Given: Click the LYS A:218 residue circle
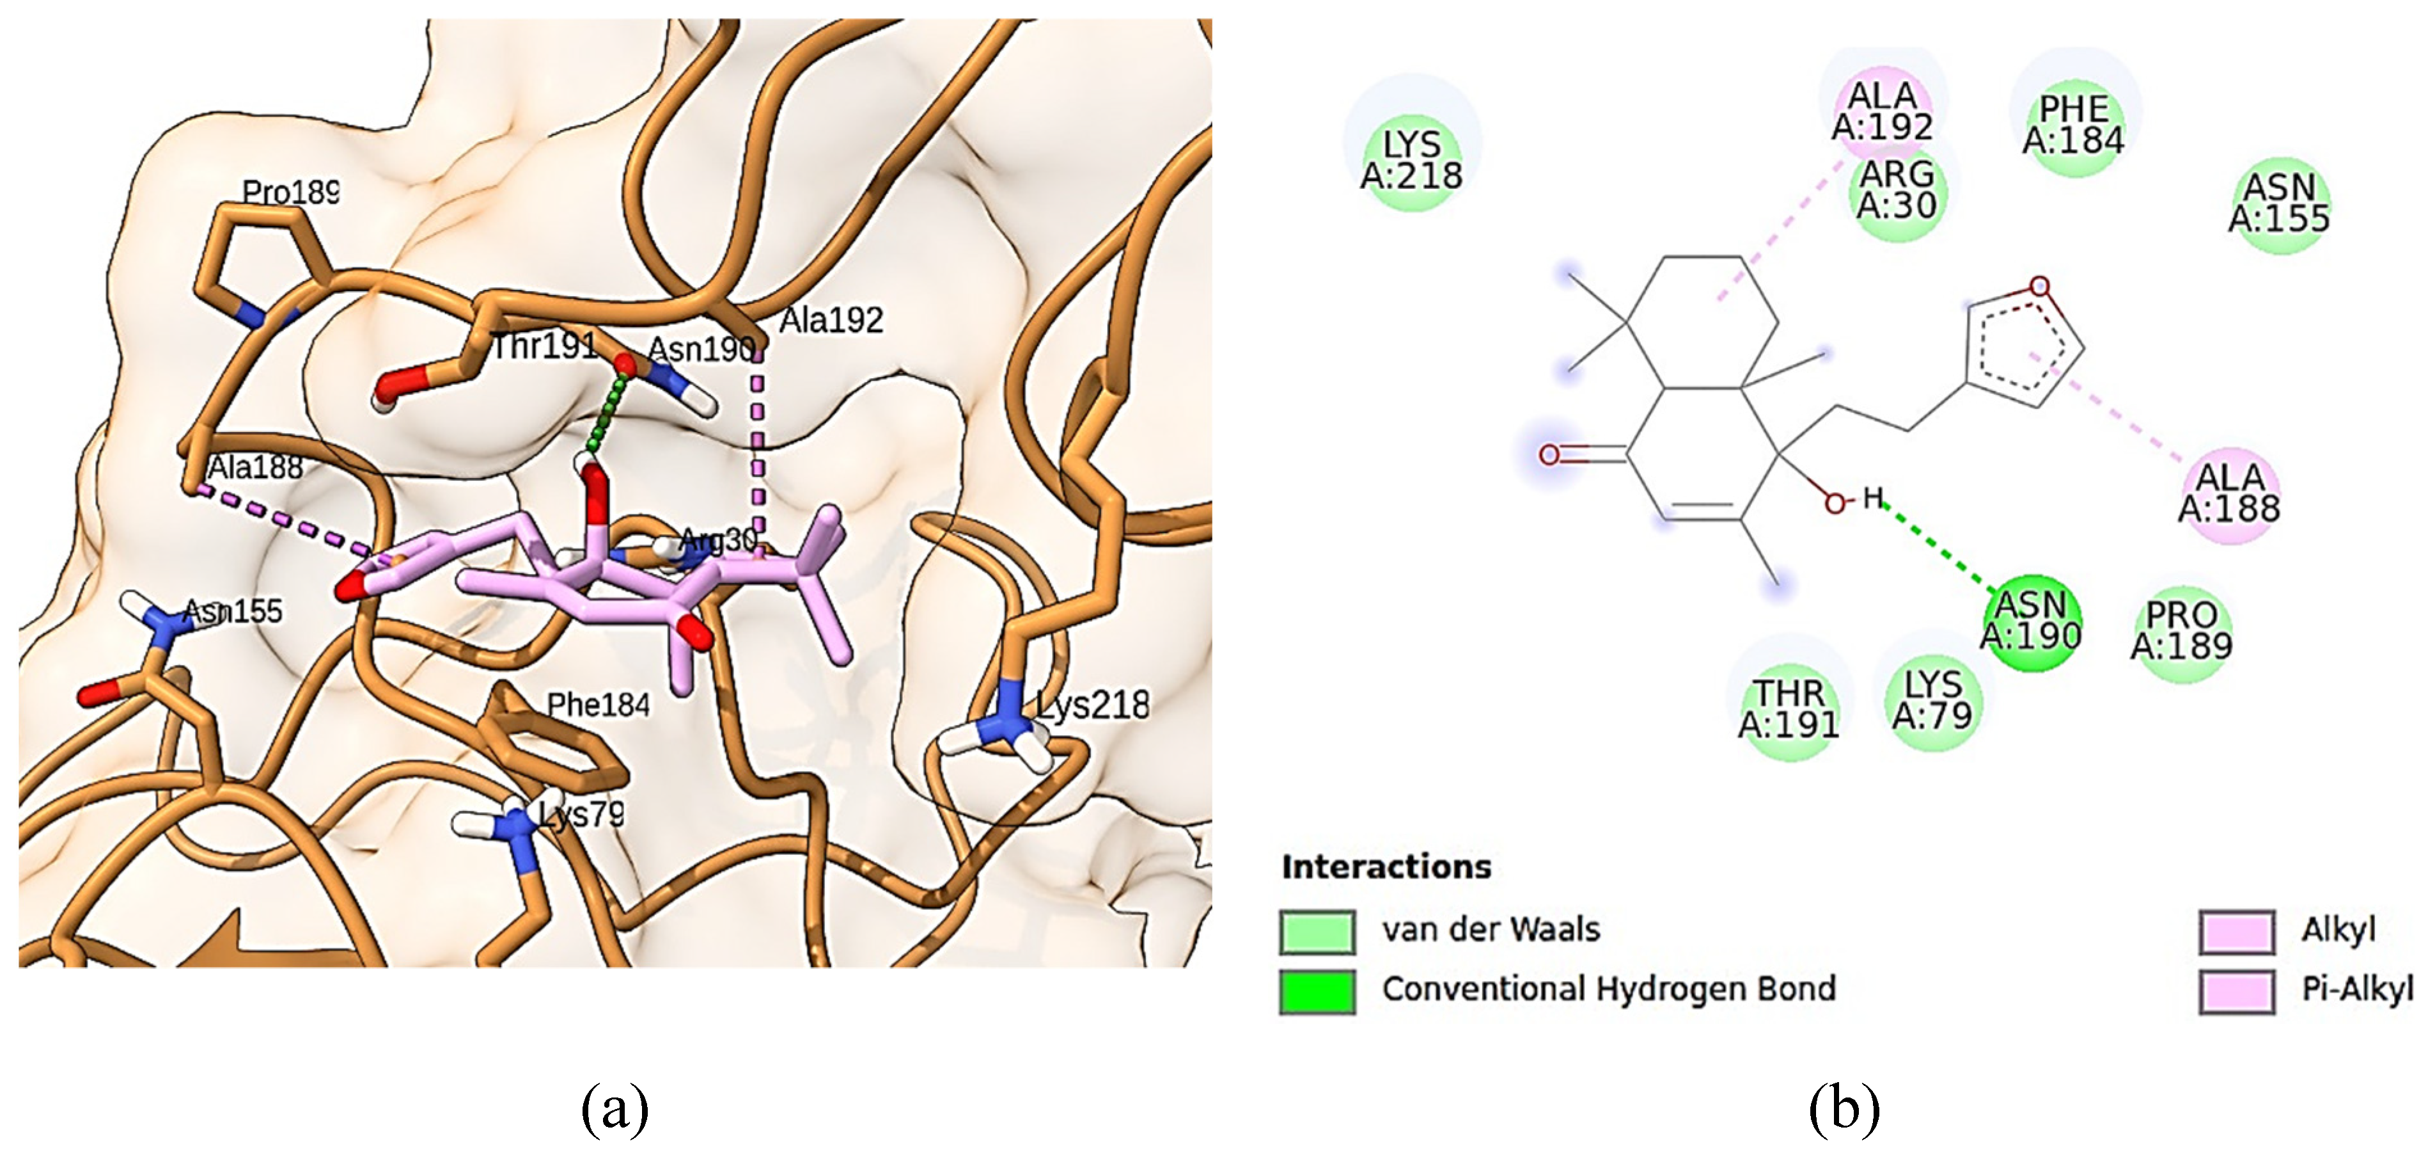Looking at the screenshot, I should pyautogui.click(x=1411, y=159).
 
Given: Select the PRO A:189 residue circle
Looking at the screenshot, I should pyautogui.click(x=2182, y=631).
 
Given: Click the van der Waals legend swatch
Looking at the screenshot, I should pyautogui.click(x=1318, y=932).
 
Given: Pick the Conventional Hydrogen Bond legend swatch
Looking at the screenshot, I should pyautogui.click(x=1318, y=990).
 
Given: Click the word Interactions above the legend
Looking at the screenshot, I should pyautogui.click(x=1386, y=866).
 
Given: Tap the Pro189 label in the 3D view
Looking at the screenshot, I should pyautogui.click(x=290, y=193).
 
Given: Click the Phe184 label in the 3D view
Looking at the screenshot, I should pyautogui.click(x=598, y=705).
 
